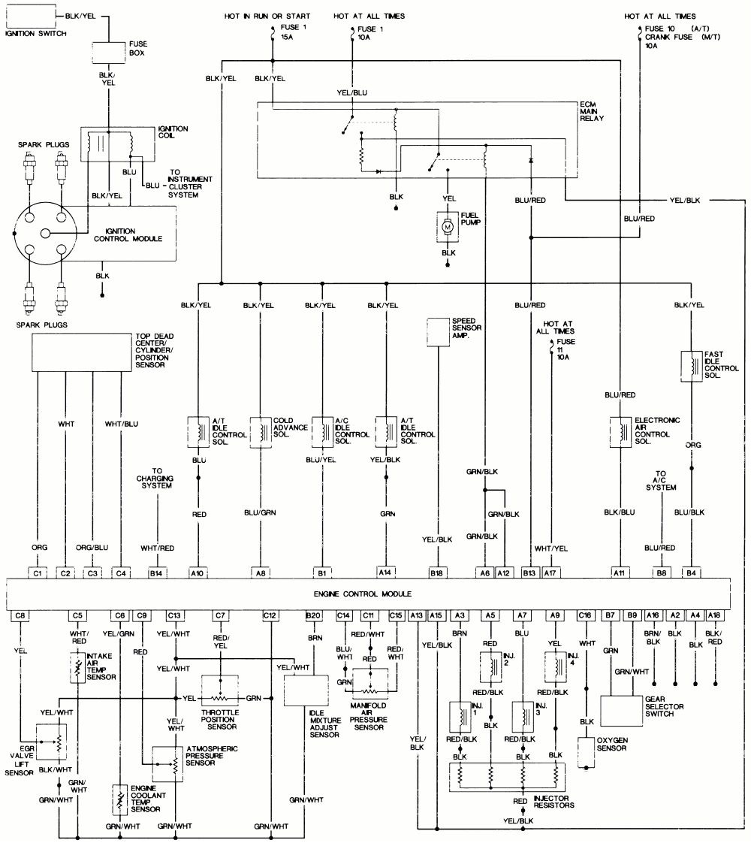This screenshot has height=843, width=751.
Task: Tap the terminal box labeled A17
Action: click(x=552, y=572)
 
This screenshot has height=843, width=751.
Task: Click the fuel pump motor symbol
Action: click(x=448, y=225)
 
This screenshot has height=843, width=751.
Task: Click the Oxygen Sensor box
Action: click(x=586, y=751)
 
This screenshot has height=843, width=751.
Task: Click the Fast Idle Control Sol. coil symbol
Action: click(x=691, y=366)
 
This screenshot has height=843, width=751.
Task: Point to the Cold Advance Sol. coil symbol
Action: click(x=261, y=432)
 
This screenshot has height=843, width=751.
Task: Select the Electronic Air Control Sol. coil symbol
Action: click(x=620, y=432)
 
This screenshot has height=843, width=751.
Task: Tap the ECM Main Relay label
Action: click(x=592, y=111)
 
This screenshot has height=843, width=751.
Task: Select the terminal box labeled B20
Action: click(x=313, y=615)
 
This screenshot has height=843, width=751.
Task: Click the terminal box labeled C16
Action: click(x=585, y=615)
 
